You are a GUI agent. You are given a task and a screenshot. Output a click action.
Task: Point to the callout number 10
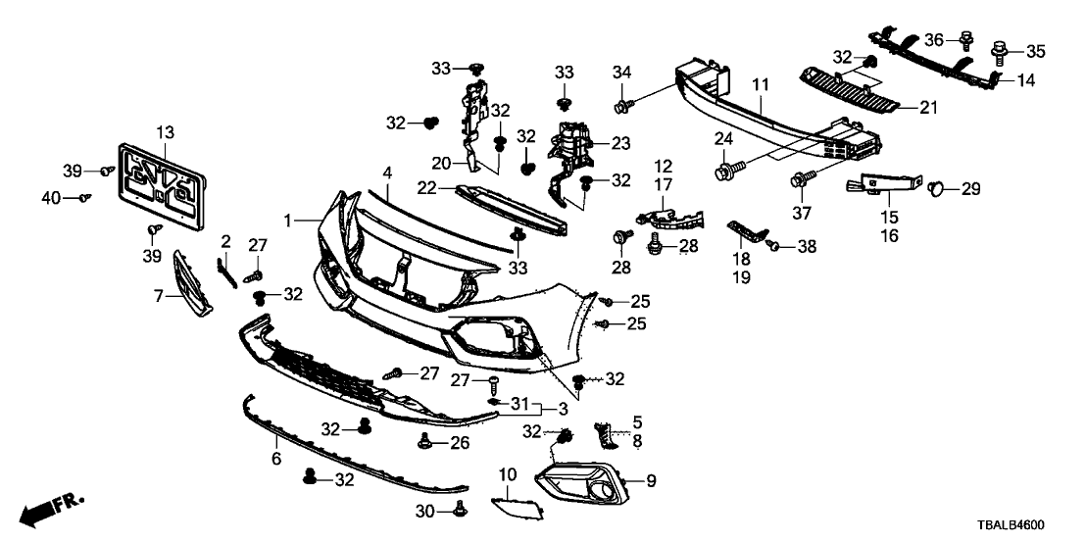[507, 475]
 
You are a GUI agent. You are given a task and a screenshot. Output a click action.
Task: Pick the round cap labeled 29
[937, 186]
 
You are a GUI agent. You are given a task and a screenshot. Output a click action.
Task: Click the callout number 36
[935, 39]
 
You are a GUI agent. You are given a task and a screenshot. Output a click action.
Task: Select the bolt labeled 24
[727, 173]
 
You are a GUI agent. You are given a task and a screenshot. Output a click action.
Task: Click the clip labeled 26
[426, 442]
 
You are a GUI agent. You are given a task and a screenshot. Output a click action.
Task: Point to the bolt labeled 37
[799, 180]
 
